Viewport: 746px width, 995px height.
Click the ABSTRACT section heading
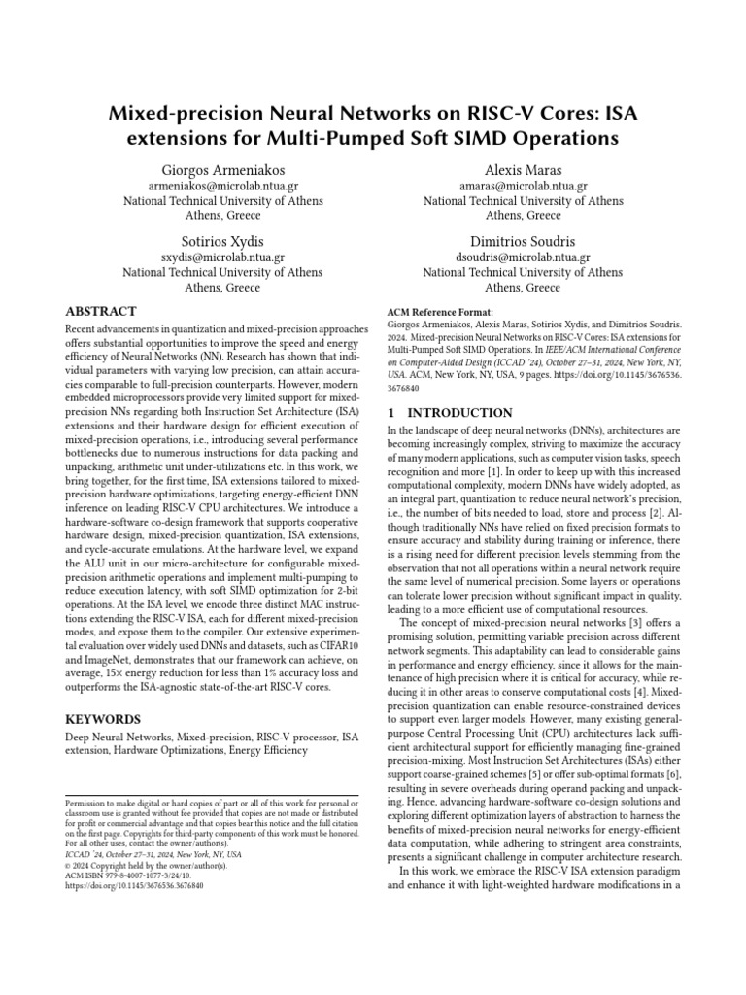[100, 312]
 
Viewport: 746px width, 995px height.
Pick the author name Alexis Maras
[523, 168]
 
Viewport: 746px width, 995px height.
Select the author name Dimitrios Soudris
[523, 241]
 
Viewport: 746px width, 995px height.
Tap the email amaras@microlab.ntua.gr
[523, 185]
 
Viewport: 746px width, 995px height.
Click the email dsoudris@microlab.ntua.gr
[523, 257]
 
